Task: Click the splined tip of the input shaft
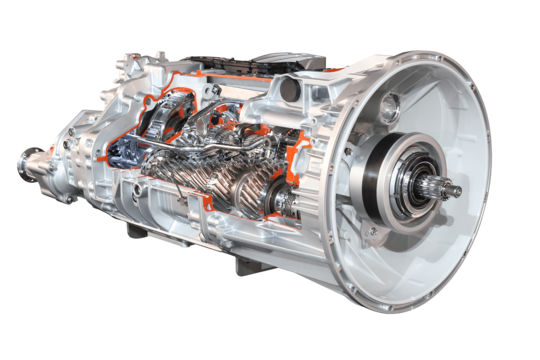point(452,189)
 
